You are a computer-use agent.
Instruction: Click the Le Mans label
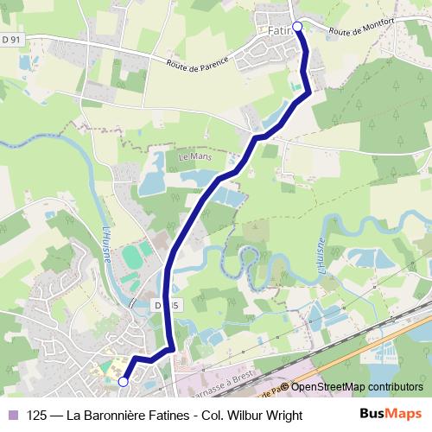pos(194,159)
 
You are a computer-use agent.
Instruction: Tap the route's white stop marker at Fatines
pos(297,27)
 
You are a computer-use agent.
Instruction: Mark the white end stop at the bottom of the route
pos(123,380)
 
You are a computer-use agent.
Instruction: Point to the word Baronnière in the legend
pos(113,416)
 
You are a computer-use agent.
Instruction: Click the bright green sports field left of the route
pos(132,257)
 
